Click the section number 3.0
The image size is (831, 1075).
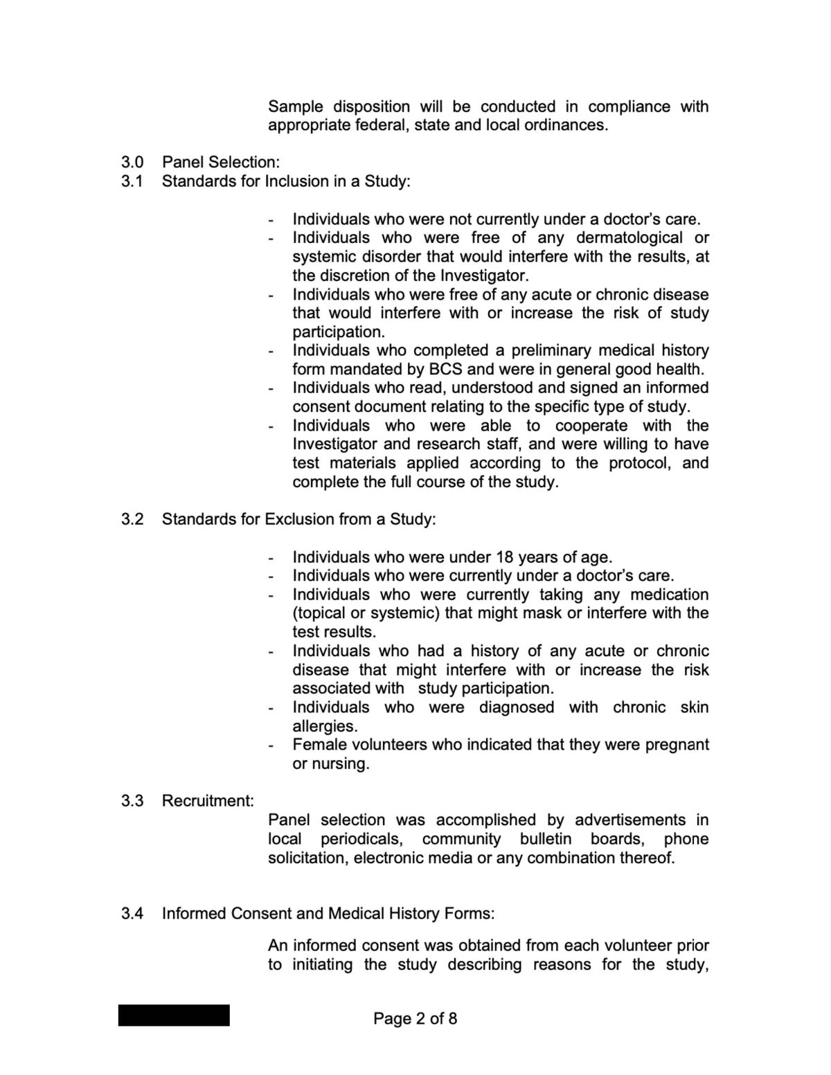coord(132,162)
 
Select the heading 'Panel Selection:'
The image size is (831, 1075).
coord(221,162)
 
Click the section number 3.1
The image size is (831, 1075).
coord(132,181)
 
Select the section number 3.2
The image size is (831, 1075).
coord(132,519)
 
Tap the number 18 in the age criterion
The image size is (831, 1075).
coord(504,557)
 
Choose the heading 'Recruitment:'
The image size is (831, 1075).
coord(208,801)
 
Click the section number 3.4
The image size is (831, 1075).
coord(132,914)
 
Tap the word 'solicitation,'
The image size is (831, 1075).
coord(308,858)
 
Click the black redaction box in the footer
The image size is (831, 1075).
coord(174,1015)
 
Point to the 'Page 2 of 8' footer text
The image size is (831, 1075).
coord(415,1018)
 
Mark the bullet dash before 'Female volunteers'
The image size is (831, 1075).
coord(271,747)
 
